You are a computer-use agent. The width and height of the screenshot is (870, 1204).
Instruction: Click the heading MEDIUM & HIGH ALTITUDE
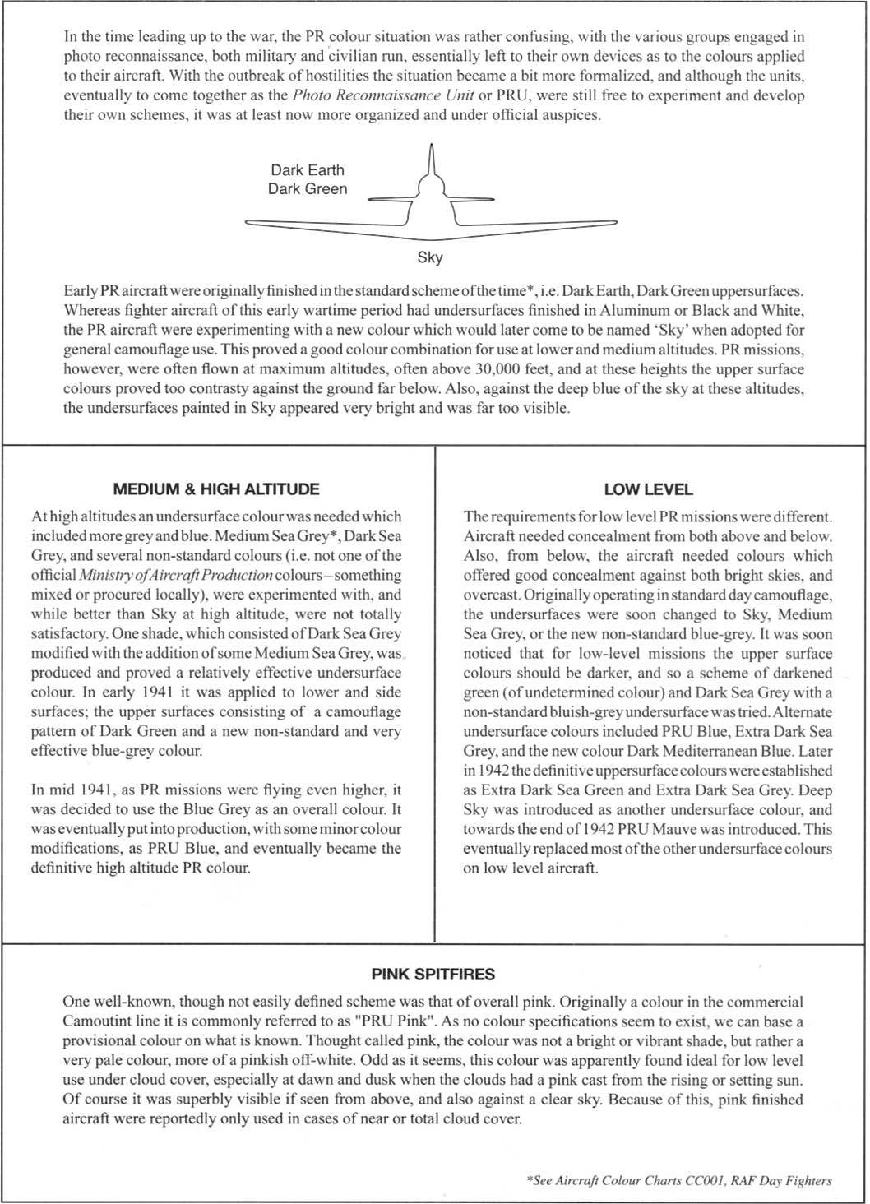click(215, 489)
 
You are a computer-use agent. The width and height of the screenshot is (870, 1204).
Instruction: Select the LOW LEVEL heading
click(648, 489)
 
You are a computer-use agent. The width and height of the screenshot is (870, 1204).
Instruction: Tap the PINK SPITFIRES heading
click(433, 975)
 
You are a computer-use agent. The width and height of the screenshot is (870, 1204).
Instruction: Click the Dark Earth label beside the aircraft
click(308, 170)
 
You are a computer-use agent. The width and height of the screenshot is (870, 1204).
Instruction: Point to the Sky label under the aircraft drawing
click(430, 257)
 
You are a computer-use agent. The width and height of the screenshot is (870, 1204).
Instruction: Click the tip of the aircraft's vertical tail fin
click(431, 146)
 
